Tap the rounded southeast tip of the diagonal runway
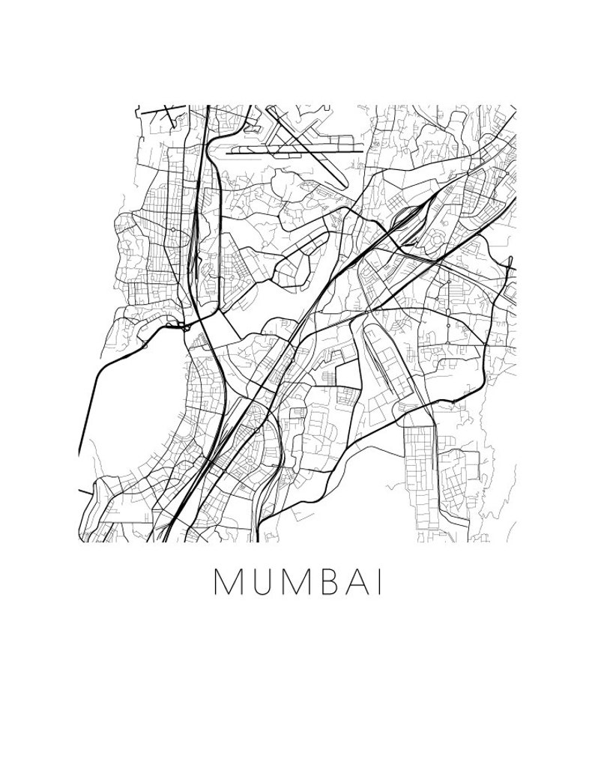pos(342,185)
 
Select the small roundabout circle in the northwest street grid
pos(173,229)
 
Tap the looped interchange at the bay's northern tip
pos(182,325)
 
